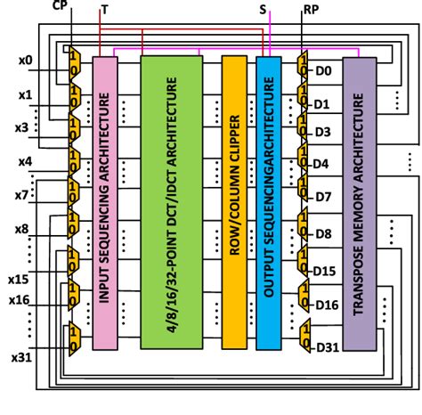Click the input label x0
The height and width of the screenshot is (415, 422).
click(x=26, y=61)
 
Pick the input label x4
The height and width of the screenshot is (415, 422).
click(x=26, y=162)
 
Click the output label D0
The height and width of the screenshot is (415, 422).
click(x=323, y=70)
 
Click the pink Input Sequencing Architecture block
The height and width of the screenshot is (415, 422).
click(x=103, y=201)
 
